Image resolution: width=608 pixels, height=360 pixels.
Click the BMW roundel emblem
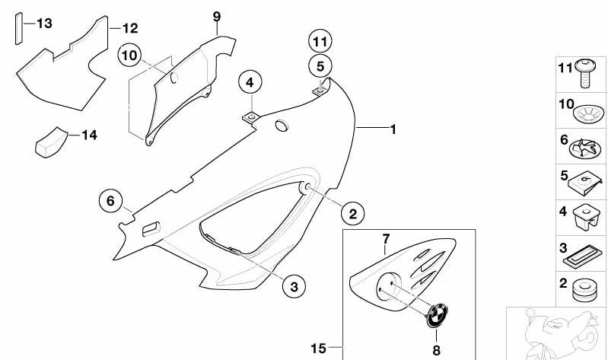437,315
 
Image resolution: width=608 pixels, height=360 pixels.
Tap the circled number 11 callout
320,42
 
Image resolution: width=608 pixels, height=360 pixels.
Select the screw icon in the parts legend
584,72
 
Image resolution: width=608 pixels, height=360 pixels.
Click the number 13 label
45,24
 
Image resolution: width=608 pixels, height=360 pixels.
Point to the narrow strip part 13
18,29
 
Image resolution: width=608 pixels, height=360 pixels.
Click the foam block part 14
52,142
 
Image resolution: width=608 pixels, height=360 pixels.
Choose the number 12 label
130,28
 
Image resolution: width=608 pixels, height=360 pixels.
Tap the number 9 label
217,17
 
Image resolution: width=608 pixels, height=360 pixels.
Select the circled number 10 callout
129,55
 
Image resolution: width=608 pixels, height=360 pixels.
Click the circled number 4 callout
250,82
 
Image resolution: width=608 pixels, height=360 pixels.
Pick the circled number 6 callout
111,201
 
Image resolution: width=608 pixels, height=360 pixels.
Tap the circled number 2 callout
353,213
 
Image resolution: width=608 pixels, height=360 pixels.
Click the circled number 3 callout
294,287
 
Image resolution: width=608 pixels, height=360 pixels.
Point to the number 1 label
393,129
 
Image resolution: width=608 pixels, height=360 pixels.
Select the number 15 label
318,349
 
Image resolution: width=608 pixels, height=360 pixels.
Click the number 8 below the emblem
437,350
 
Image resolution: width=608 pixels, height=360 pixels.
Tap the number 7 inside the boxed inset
386,239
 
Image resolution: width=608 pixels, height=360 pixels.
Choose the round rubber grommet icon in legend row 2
584,290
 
